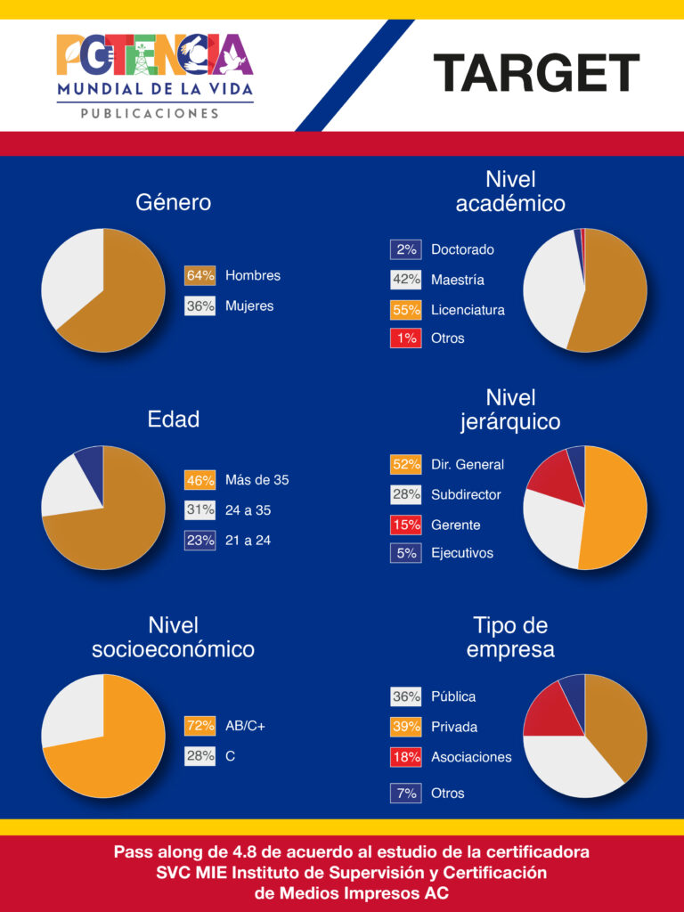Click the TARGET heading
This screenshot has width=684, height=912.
tap(536, 73)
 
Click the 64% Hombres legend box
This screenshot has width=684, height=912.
tap(200, 276)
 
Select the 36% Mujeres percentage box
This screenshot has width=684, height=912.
tap(200, 306)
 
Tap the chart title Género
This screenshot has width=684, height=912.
tap(173, 202)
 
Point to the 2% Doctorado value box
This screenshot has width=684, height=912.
tap(405, 250)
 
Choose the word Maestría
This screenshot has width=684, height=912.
tap(458, 280)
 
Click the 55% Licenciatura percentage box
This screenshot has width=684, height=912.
tap(405, 310)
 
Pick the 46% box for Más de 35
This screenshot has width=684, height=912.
tap(200, 481)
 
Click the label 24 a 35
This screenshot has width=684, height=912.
tap(248, 510)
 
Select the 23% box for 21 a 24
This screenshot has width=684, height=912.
tap(200, 541)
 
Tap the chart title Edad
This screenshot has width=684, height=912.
tap(173, 419)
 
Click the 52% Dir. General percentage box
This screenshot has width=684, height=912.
tap(405, 465)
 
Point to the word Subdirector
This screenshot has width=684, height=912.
tap(466, 494)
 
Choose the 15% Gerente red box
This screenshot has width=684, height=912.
tap(405, 525)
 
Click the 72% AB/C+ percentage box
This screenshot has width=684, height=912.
tap(200, 726)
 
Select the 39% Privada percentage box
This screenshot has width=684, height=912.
tap(405, 727)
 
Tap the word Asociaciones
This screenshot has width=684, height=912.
tap(471, 757)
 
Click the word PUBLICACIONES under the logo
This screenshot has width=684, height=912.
tap(150, 114)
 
